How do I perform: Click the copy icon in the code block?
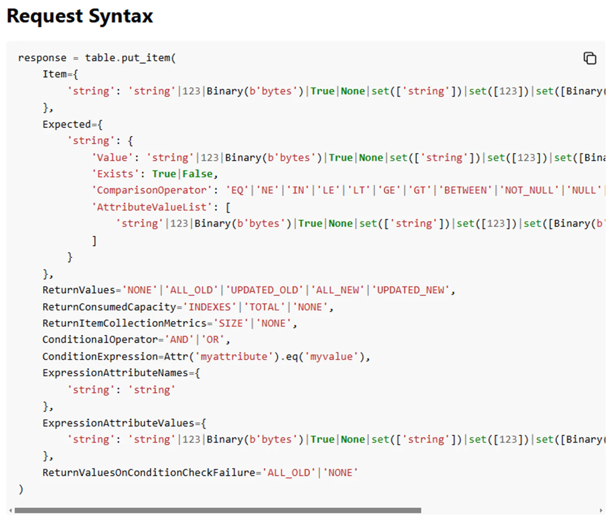590,58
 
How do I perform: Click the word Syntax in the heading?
120,16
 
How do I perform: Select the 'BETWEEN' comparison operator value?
465,190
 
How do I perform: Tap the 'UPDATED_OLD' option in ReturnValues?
264,290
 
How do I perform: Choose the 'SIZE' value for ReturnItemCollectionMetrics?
231,323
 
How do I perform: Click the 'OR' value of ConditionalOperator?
213,339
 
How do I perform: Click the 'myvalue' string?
332,356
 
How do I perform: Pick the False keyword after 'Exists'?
198,174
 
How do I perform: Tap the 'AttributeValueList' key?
152,207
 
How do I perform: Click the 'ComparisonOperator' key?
152,190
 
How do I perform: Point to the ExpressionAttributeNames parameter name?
115,373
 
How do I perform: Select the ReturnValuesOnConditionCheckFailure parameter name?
149,472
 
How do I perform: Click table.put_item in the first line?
128,58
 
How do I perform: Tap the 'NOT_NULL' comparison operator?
529,190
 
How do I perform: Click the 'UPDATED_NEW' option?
410,290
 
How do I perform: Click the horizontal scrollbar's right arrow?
601,510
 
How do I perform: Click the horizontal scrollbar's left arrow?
11,510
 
